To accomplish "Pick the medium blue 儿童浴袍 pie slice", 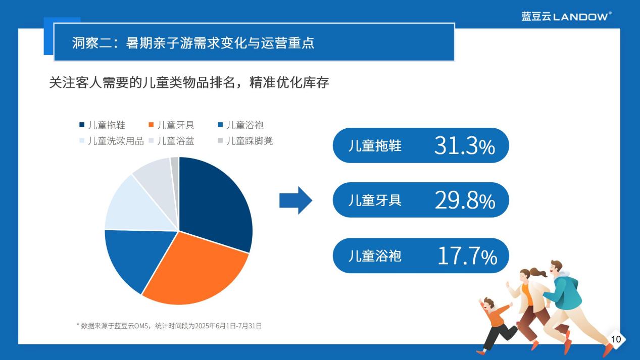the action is point(134,257).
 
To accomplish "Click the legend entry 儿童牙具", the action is point(171,125).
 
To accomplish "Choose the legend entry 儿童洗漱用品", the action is point(112,141).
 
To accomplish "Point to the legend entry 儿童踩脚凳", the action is point(245,141).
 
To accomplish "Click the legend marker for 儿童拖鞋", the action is point(82,125).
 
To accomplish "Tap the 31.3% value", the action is point(465,145).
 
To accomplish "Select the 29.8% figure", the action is point(465,200).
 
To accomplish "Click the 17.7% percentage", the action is point(467,256).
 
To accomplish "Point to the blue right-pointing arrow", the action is point(296,200).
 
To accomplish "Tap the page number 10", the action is point(616,339).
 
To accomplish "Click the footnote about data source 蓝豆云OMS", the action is point(169,326).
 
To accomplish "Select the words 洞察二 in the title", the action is point(92,43).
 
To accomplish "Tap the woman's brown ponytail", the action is point(538,272).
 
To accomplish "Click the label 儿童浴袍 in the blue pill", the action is point(375,256).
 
